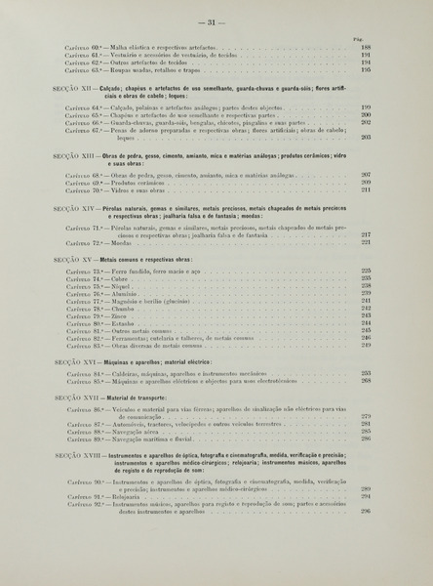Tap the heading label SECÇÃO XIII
[75, 156]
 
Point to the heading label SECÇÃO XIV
[74, 208]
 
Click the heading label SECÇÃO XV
[73, 258]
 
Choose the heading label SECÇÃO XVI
[74, 361]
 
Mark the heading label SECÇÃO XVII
[75, 398]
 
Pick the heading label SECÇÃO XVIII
[77, 456]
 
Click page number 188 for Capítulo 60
[366, 47]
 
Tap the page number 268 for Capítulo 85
[366, 381]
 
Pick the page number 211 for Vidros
[366, 190]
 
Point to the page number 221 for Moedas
[366, 242]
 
